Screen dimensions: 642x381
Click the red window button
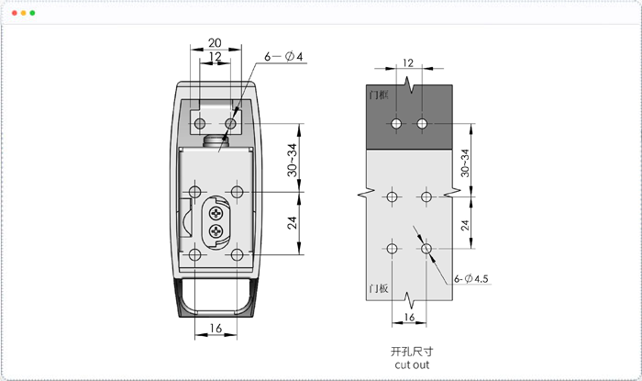(15, 13)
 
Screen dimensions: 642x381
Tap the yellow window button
(23, 13)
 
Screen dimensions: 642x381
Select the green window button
(32, 13)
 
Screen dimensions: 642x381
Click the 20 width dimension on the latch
(215, 42)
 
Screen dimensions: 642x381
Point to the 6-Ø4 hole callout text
(283, 56)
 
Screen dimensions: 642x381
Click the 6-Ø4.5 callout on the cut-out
(470, 278)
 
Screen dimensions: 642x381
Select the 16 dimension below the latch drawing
(216, 328)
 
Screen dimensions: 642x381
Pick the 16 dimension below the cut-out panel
(409, 317)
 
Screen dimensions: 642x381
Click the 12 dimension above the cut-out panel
(408, 62)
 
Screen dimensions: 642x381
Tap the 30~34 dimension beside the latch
(292, 160)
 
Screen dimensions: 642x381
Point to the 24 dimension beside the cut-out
(465, 225)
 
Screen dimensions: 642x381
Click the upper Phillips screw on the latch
(216, 213)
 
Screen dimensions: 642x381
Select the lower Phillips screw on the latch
(216, 232)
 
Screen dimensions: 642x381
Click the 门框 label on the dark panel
(378, 95)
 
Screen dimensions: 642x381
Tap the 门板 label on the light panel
(378, 288)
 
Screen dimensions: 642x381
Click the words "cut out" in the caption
(412, 364)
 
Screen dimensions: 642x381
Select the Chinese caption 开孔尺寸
(412, 352)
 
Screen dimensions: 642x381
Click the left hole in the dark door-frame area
(396, 123)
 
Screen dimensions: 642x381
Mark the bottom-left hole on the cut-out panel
(392, 249)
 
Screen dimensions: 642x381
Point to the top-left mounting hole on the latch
(200, 123)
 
